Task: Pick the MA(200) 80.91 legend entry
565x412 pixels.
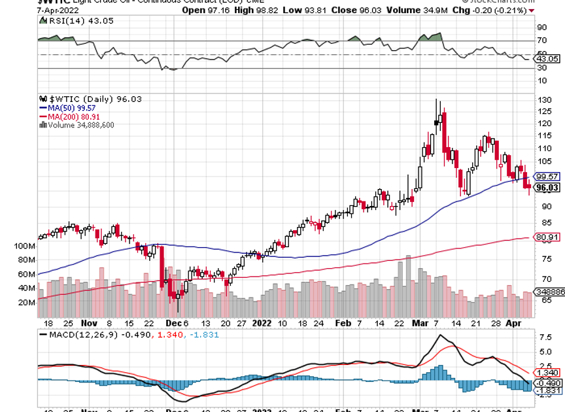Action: click(69, 116)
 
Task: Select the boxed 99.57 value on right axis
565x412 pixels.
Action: click(546, 177)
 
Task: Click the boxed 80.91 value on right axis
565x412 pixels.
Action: click(546, 237)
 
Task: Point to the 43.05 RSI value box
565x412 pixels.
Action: click(547, 58)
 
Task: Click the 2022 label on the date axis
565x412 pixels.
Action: click(262, 323)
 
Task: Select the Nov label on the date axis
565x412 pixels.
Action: click(89, 323)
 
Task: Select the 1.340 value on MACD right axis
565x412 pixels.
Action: click(547, 372)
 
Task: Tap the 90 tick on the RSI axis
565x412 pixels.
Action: click(542, 27)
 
